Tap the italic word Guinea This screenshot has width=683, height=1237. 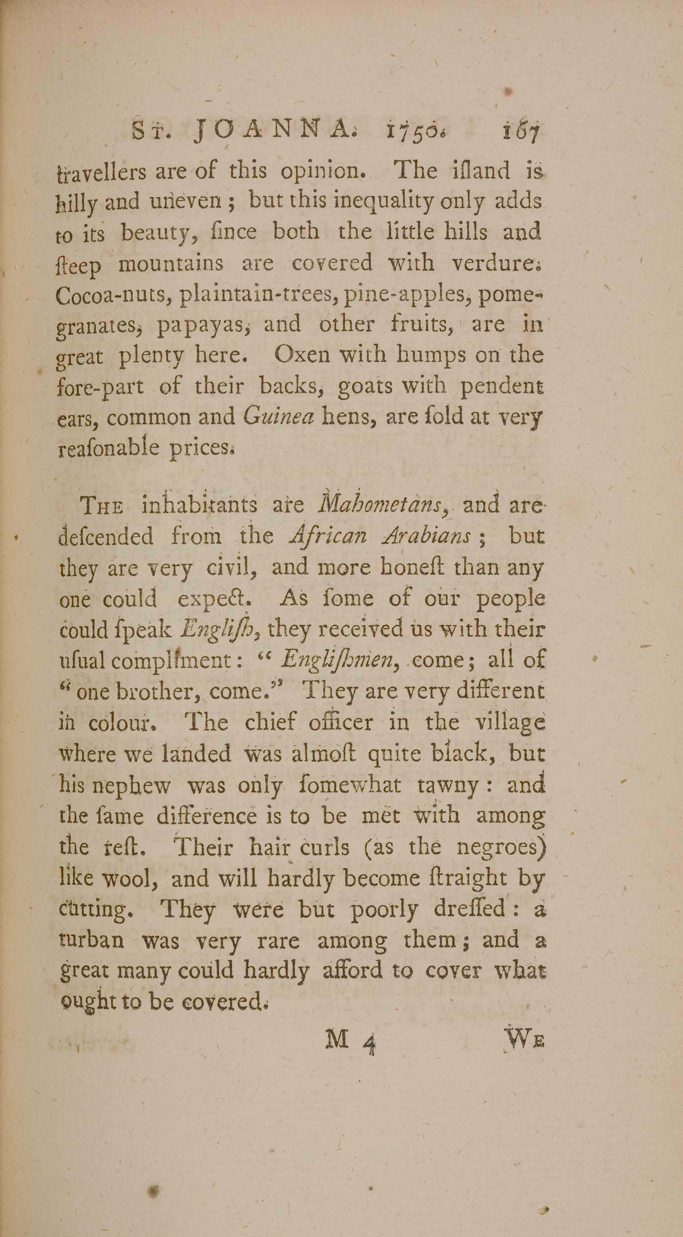click(x=279, y=417)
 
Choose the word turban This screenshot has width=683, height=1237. click(x=92, y=941)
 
